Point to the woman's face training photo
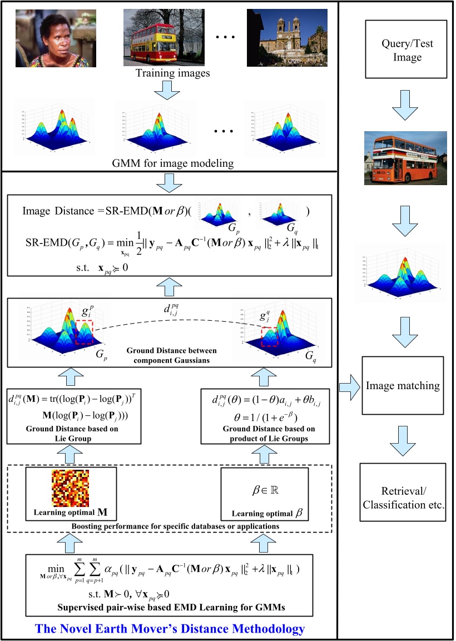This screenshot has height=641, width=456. (x=56, y=38)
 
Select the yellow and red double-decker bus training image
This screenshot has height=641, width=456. (x=159, y=38)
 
